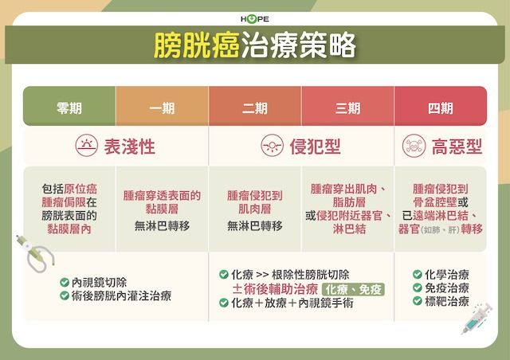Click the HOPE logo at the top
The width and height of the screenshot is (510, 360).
click(x=255, y=19)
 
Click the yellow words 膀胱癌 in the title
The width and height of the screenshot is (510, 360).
click(x=197, y=45)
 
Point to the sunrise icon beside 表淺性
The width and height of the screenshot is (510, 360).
click(x=87, y=146)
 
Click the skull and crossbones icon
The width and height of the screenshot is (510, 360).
click(x=414, y=146)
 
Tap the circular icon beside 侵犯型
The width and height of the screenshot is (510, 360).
click(x=273, y=146)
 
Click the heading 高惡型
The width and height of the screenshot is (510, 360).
click(x=457, y=147)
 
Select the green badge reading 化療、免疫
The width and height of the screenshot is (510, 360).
click(x=353, y=289)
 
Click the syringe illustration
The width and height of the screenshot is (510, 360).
click(x=477, y=319)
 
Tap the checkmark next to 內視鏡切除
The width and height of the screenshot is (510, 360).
click(x=65, y=282)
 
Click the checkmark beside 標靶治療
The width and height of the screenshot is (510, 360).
click(x=418, y=301)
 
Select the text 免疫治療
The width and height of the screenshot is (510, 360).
click(x=447, y=288)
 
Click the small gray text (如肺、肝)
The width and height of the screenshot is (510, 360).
click(x=441, y=230)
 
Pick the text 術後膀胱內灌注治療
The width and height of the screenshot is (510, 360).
click(x=121, y=296)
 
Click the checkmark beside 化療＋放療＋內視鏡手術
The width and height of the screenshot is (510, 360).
click(x=223, y=303)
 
